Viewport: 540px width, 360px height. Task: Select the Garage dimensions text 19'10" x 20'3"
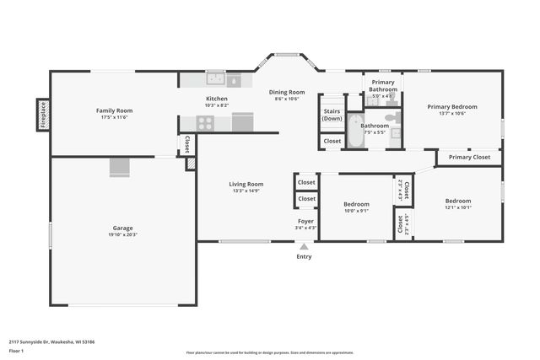123,235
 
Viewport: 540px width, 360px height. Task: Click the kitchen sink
215,80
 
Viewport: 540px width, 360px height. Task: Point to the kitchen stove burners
205,123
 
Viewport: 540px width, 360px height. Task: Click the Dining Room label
287,92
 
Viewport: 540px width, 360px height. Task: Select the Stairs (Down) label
332,115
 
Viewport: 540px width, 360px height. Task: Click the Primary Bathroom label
383,85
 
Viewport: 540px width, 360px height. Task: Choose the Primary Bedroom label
451,107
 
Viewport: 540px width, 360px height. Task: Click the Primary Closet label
469,157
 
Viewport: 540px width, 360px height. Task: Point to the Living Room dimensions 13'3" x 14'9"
246,191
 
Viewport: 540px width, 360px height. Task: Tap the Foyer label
305,221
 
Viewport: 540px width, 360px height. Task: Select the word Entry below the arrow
304,257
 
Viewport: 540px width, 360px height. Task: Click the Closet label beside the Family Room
187,144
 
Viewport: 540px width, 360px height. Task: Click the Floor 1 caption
16,350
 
